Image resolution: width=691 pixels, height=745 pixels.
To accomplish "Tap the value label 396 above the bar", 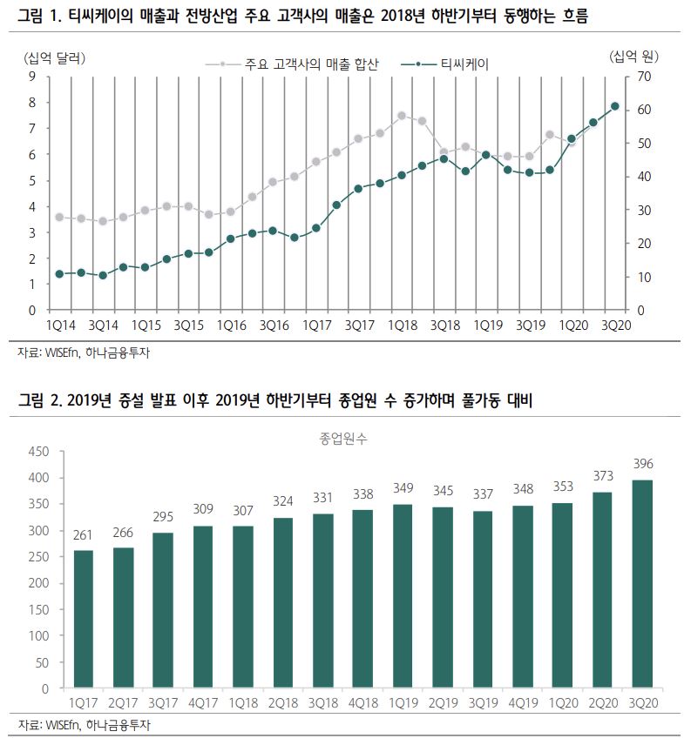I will (x=643, y=463).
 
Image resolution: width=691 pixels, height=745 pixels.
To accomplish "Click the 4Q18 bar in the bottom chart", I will (x=362, y=599).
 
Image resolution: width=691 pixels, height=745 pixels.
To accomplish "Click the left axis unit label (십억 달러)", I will (x=56, y=57).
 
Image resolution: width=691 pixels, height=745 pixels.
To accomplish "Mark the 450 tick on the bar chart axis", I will (x=40, y=452).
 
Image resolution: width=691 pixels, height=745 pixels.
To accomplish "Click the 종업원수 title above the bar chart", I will (x=343, y=439).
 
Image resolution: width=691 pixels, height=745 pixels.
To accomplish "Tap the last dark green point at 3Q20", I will (x=614, y=106).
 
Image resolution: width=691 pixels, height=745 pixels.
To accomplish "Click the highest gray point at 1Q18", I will (x=401, y=115).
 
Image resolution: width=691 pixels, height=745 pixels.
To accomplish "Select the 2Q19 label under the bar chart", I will (x=443, y=701).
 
